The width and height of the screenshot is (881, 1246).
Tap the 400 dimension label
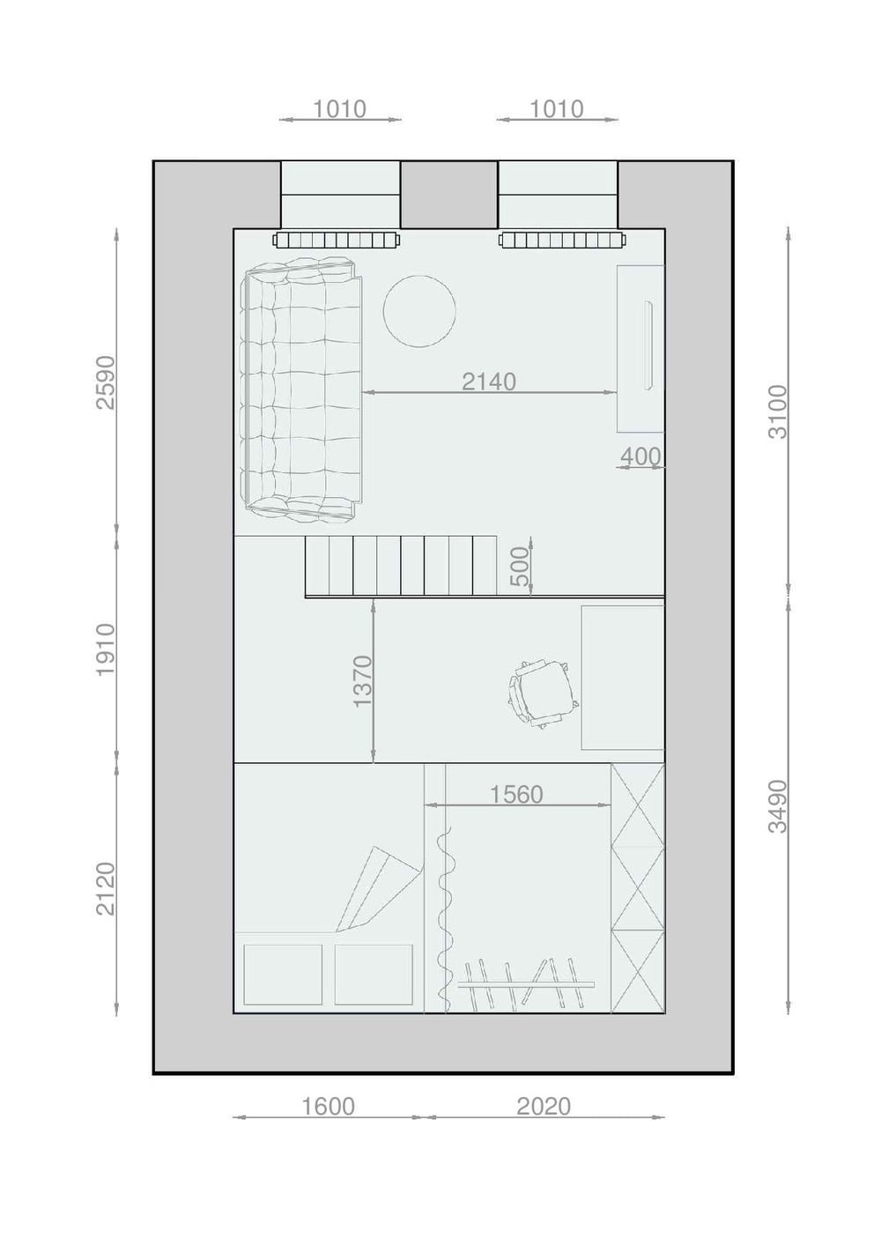pyautogui.click(x=640, y=456)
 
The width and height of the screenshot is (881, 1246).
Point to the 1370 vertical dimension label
pyautogui.click(x=363, y=681)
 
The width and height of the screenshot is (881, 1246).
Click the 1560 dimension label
pyautogui.click(x=516, y=795)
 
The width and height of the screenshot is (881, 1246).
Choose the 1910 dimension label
pyautogui.click(x=106, y=649)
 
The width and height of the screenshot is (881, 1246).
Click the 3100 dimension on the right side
pyautogui.click(x=778, y=412)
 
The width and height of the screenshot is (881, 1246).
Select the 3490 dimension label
pyautogui.click(x=778, y=806)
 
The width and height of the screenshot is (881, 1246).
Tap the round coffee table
pyautogui.click(x=420, y=309)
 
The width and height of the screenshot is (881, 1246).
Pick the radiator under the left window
pyautogui.click(x=337, y=241)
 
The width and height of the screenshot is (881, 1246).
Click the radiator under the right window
pyautogui.click(x=564, y=241)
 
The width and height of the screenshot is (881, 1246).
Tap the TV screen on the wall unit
pyautogui.click(x=648, y=345)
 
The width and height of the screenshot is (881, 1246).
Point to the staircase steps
pyautogui.click(x=401, y=567)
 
